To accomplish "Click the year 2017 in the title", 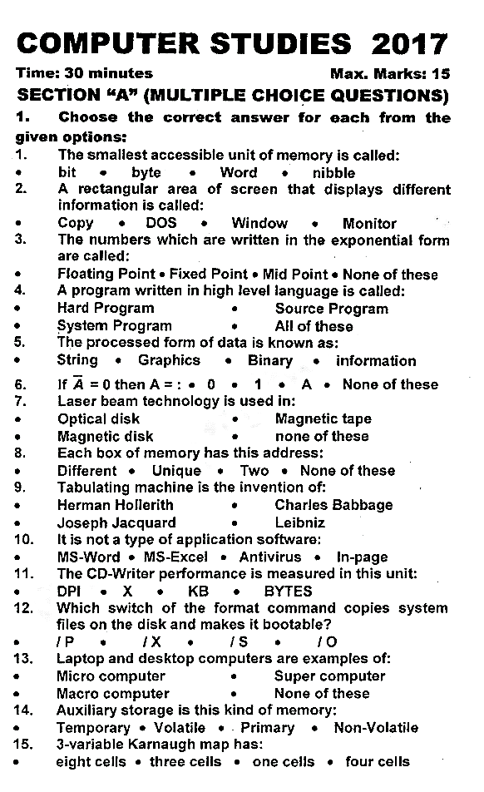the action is (x=411, y=43).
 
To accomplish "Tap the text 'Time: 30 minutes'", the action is (x=84, y=73).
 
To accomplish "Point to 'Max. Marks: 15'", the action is (x=390, y=73).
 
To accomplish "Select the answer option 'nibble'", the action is (x=333, y=173).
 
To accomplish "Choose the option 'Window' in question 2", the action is (x=259, y=223).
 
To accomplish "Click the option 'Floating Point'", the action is (x=106, y=274).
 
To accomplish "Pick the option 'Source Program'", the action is (x=331, y=309).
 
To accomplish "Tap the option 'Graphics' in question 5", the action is (x=169, y=360).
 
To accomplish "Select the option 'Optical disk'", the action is (x=98, y=418).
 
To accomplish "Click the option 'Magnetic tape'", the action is (x=323, y=418).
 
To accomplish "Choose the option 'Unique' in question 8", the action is (x=176, y=470).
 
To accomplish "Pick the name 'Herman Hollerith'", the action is (x=115, y=505).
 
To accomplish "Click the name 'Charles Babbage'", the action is (x=333, y=505).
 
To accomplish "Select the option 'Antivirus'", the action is (x=270, y=557).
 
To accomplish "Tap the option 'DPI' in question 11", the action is (x=68, y=591).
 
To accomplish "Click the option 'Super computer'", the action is (x=330, y=676).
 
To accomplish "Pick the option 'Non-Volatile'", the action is (x=376, y=728).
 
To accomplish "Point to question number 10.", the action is (x=23, y=539).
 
